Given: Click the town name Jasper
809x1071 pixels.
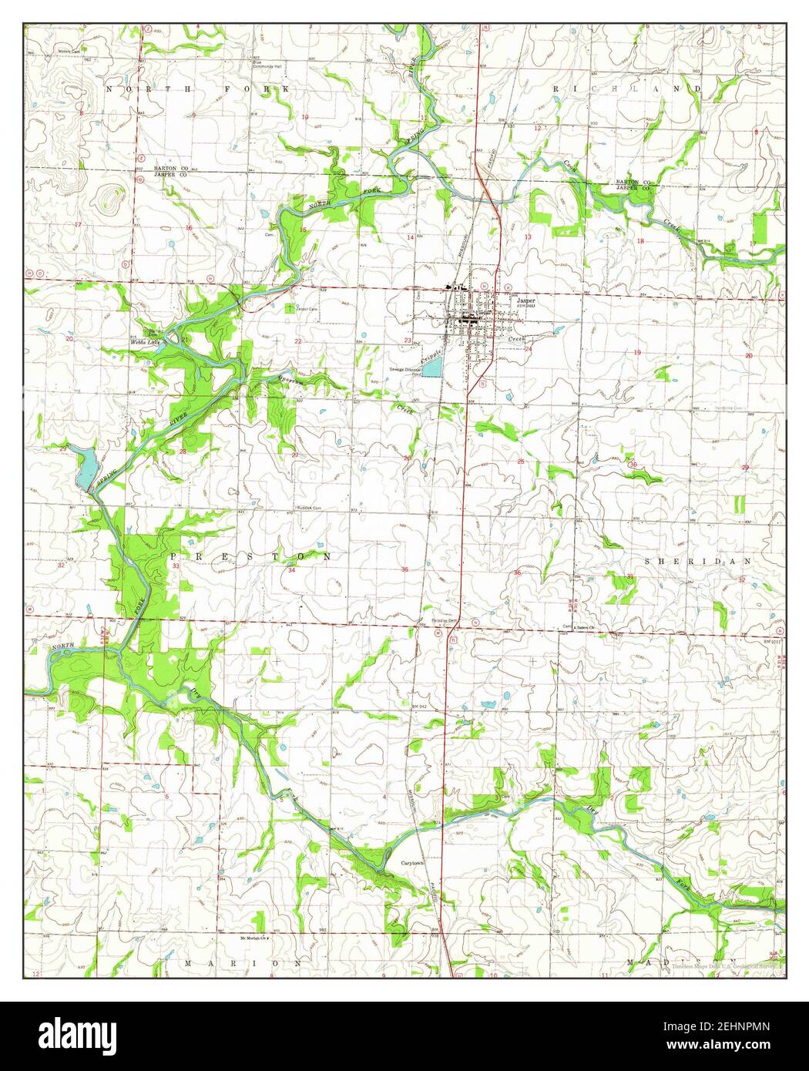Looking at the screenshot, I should coord(525,300).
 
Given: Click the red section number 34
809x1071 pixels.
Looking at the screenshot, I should coord(291,571).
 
